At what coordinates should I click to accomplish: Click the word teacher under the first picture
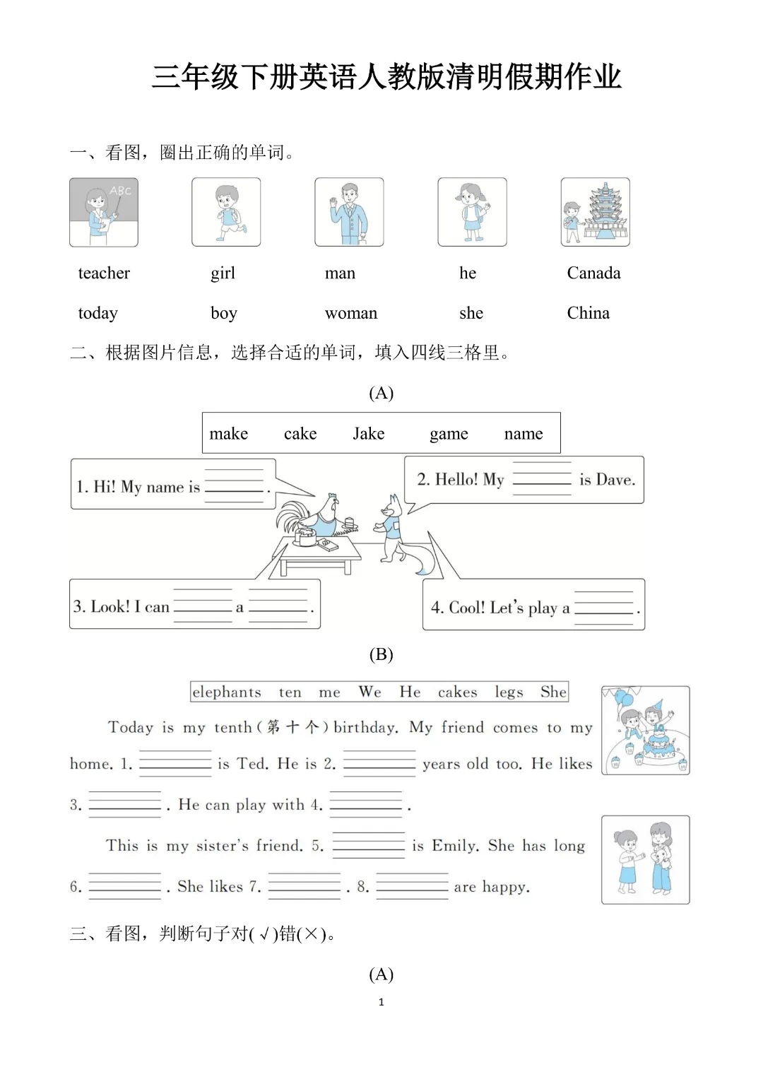104,273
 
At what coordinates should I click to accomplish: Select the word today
97,313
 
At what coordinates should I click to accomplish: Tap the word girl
223,273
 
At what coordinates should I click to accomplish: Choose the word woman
350,313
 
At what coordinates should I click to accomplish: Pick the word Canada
593,273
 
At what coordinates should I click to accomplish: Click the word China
588,313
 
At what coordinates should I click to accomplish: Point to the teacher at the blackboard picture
104,213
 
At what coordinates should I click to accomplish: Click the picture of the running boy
226,212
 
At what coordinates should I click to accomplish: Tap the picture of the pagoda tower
595,212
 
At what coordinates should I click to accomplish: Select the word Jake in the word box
369,433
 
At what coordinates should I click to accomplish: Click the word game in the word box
449,434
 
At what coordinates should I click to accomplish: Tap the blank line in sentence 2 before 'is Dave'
542,479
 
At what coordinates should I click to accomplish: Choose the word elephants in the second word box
227,692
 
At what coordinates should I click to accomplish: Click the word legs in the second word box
509,692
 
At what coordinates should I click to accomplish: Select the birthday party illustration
645,731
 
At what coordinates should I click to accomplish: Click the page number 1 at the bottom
381,1002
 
